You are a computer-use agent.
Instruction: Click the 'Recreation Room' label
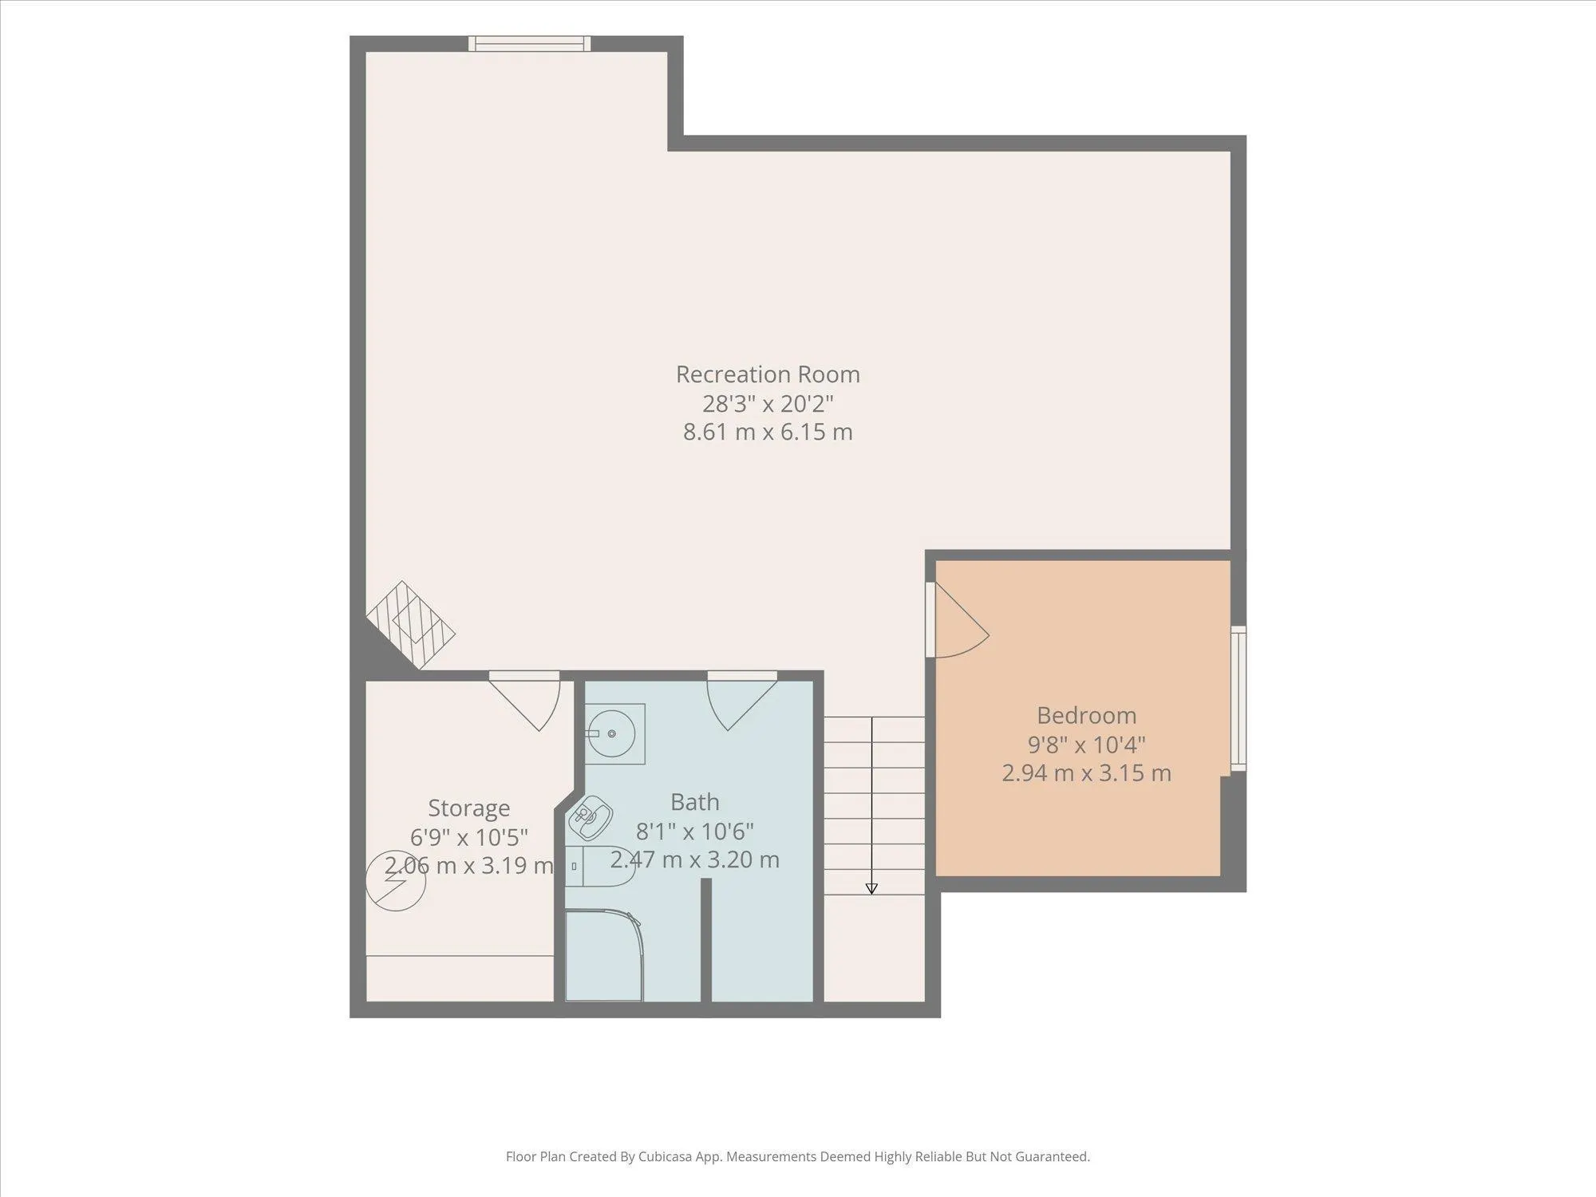click(x=768, y=374)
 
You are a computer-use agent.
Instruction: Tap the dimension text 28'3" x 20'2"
click(x=768, y=403)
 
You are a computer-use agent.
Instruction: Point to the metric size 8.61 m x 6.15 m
click(x=768, y=432)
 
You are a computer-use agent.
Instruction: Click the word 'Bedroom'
click(x=1086, y=715)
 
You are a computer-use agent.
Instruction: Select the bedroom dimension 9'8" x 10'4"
click(x=1086, y=744)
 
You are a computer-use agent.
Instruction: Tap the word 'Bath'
click(x=694, y=801)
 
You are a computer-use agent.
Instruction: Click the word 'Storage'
click(x=468, y=808)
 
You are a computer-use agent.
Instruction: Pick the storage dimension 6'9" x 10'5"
click(x=468, y=837)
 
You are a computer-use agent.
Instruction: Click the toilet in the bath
click(x=600, y=866)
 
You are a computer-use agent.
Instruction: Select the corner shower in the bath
click(x=603, y=956)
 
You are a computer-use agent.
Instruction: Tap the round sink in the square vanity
click(x=612, y=733)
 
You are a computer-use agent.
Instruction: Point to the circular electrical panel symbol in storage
click(x=396, y=881)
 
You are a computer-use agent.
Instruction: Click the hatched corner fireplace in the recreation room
click(x=411, y=625)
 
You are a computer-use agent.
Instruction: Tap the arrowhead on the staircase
click(x=871, y=888)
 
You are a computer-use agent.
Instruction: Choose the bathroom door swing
click(x=742, y=701)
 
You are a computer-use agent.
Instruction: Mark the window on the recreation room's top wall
click(x=529, y=44)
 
